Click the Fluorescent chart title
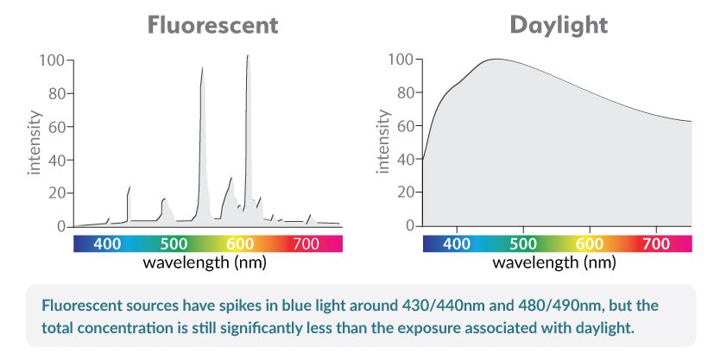coord(212,25)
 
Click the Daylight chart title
coord(559,25)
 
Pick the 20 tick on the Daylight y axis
coord(402,193)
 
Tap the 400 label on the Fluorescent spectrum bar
coord(107,244)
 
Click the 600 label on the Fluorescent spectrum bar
coord(240,244)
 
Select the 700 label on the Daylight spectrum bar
coord(656,244)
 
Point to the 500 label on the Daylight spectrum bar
coord(523,244)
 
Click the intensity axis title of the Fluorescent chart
coord(35,142)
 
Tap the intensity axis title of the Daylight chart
coord(382,142)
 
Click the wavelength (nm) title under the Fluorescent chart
coord(204,262)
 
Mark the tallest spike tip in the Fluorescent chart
coord(248,56)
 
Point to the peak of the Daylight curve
coord(495,60)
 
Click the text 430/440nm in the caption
coord(446,306)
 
